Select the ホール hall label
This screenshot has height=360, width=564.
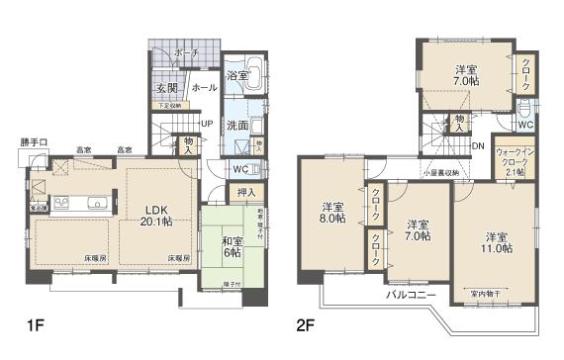point(204,87)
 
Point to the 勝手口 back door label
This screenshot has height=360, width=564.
point(33,141)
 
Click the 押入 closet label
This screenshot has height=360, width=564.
point(247,192)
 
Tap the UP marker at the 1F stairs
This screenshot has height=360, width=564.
point(206,124)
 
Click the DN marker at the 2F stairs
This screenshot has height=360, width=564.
point(477,145)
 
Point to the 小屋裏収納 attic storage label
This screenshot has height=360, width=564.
point(438,172)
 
